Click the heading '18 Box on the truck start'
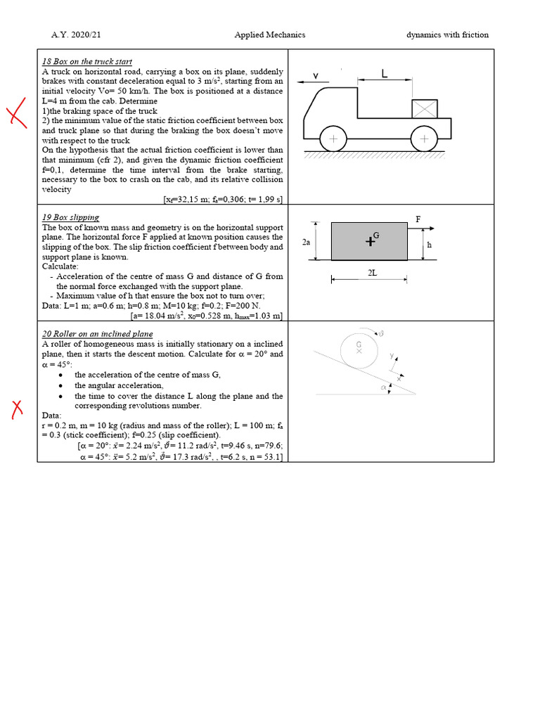(x=87, y=62)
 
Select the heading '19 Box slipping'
(x=70, y=217)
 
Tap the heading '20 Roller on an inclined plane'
(x=98, y=334)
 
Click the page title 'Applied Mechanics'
(x=270, y=34)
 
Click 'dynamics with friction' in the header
(x=447, y=34)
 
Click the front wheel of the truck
(x=333, y=139)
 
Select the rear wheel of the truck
(x=424, y=139)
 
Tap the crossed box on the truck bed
(x=425, y=109)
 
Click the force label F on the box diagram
(x=418, y=219)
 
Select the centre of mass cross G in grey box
(x=371, y=241)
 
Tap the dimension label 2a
(x=306, y=242)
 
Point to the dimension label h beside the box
(x=429, y=245)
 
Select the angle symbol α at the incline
(x=383, y=386)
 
